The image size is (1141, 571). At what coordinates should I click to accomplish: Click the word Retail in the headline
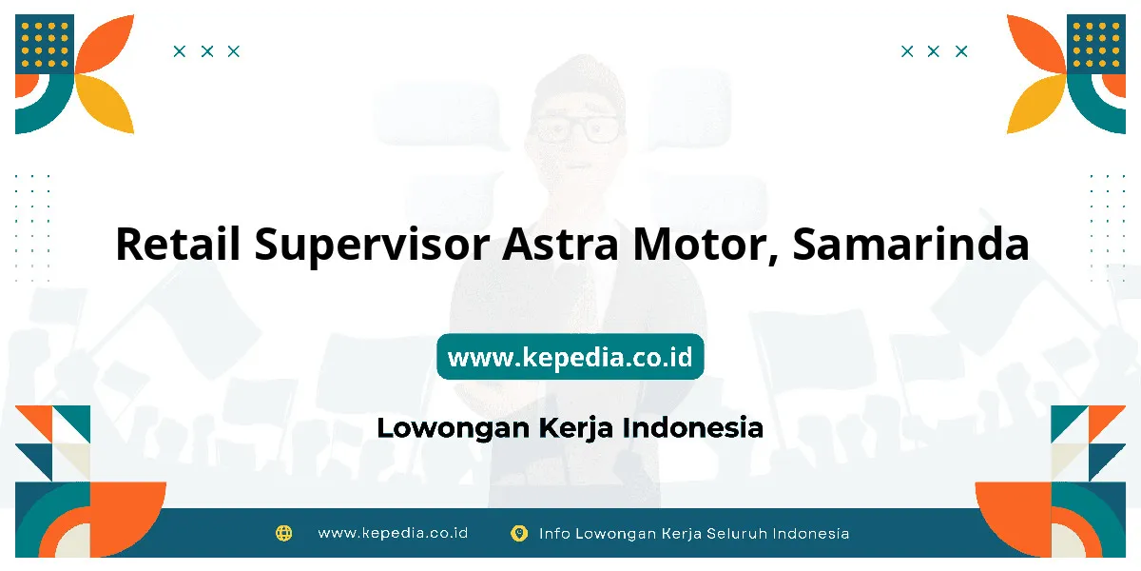point(178,244)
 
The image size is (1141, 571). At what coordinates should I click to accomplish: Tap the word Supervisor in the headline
point(373,246)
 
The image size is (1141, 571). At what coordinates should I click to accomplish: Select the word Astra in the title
point(560,245)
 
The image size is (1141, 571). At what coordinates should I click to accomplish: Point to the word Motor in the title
point(706,246)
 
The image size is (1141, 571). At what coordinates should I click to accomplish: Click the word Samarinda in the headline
point(911,244)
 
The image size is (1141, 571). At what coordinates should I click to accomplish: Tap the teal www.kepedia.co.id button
point(570,357)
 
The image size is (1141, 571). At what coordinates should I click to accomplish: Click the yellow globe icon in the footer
point(283,533)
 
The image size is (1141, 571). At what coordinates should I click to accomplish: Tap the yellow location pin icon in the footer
point(519,533)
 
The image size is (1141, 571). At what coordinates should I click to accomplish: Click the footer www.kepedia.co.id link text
point(393,533)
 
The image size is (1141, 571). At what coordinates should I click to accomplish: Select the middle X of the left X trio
point(207,51)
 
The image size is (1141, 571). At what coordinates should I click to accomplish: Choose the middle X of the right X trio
point(933,51)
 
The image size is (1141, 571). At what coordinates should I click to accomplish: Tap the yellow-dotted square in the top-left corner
point(45,44)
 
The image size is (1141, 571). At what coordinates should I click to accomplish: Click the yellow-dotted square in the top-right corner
point(1096,44)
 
